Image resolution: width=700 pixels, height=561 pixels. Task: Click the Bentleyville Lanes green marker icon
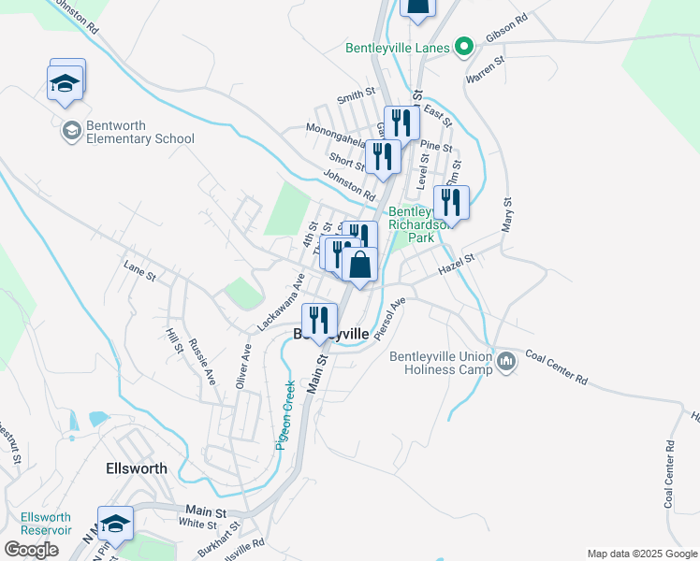pos(462,46)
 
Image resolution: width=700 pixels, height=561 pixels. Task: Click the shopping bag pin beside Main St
pos(359,266)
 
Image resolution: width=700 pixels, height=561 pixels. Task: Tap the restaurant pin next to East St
pos(401,124)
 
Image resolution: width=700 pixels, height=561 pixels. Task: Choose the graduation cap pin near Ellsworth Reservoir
pos(116,524)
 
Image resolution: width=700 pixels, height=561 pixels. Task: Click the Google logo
pos(31,550)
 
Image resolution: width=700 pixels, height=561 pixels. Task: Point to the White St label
pos(198,525)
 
